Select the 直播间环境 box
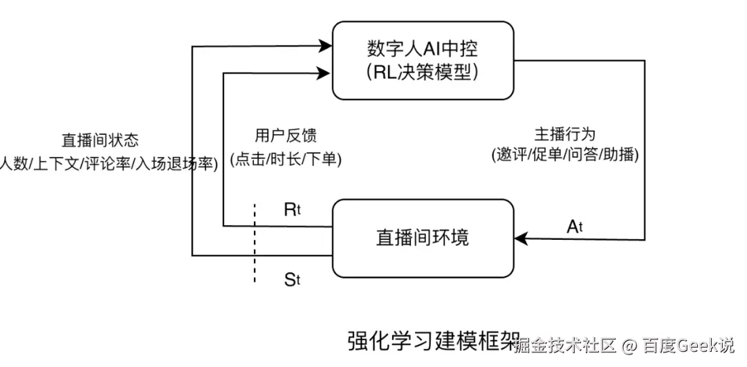click(423, 238)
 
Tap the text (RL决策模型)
click(423, 71)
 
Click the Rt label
click(292, 210)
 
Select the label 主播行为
click(564, 134)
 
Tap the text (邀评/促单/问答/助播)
click(564, 155)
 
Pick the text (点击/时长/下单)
click(286, 159)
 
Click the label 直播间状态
click(100, 140)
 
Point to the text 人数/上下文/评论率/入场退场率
click(107, 163)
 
